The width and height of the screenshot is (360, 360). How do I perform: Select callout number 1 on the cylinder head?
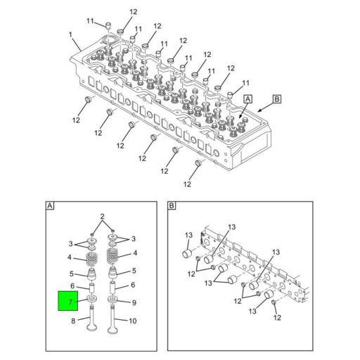coord(70,34)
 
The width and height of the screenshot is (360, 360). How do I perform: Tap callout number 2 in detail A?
coord(102,216)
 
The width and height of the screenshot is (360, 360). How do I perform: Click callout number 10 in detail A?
coord(134,322)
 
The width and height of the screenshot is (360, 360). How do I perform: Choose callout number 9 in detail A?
coord(134,303)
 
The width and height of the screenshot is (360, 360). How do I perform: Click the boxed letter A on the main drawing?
coord(247,101)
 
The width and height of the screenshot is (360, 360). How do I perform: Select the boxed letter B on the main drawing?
coord(277,101)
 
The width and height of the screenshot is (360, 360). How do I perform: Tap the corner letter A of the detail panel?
coord(50,206)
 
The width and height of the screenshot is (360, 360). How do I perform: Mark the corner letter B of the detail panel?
coord(172,206)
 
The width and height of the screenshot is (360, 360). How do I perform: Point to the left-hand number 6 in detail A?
coord(72,285)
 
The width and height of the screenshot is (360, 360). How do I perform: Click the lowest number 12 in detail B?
coord(277,317)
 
